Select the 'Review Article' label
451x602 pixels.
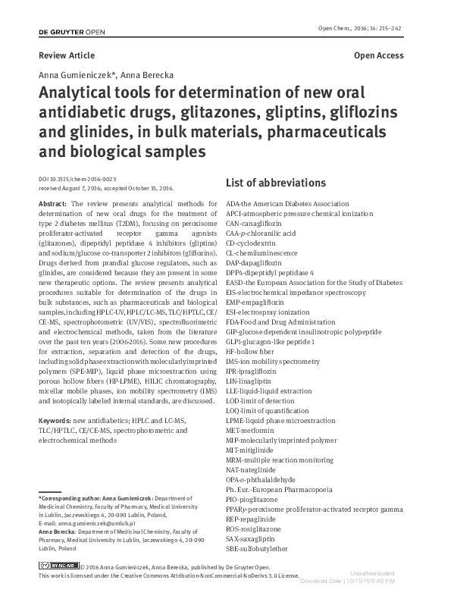67,55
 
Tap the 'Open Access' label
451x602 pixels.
378,55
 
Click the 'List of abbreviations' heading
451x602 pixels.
276,183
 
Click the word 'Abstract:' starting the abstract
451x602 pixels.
55,205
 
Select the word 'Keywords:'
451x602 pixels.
55,419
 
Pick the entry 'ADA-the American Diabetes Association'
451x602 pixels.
287,204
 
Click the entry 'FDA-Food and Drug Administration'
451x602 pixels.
280,322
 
